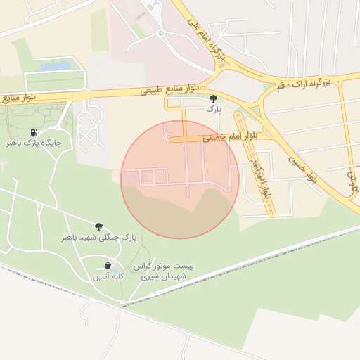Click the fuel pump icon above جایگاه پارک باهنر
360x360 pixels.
coord(34,132)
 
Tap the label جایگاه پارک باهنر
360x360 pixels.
coord(34,143)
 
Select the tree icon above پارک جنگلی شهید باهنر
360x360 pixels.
coord(98,226)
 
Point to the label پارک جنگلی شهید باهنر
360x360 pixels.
coord(98,238)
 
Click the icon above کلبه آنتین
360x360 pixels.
coord(108,266)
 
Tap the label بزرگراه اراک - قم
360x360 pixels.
coord(304,83)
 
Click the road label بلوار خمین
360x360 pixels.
coord(301,171)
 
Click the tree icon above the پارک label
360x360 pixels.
coord(213,99)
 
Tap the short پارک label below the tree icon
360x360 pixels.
coord(213,110)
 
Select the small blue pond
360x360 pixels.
coord(56,66)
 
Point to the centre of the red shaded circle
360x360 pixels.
coord(180,180)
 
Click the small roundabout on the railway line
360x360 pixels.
coord(122,302)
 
